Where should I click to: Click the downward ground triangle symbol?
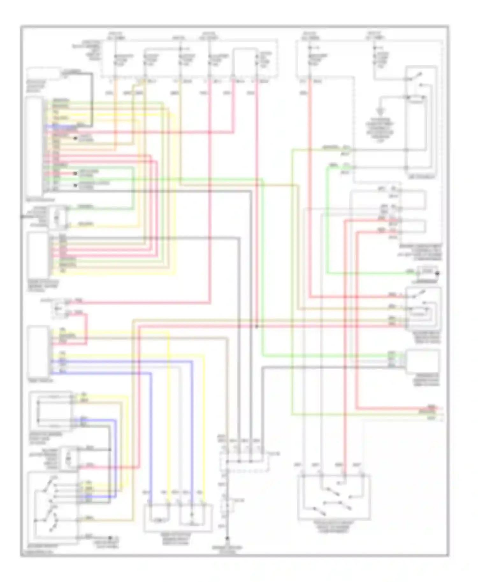coord(380,112)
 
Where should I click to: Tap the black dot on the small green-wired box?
coord(438,273)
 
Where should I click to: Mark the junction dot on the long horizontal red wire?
coord(257,326)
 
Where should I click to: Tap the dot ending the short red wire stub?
coord(76,174)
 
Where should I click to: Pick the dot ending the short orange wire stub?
coord(76,138)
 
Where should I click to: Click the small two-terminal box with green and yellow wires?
coord(57,217)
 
